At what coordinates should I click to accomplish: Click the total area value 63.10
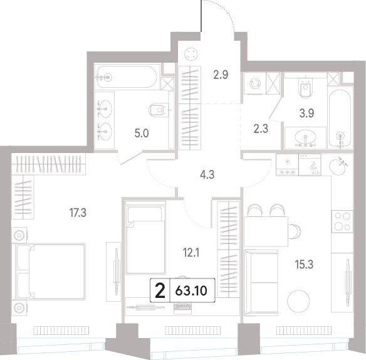[191, 291]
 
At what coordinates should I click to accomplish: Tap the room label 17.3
[78, 213]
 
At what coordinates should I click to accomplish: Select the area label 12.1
[191, 253]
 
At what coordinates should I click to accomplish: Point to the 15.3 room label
[304, 265]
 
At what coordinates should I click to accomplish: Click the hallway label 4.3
[207, 174]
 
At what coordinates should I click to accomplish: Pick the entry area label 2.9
[221, 75]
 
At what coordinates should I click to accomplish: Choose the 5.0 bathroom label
[142, 134]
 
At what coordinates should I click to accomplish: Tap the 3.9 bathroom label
[306, 114]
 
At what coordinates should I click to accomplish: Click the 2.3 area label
[261, 129]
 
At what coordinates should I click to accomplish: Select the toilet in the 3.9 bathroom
[305, 88]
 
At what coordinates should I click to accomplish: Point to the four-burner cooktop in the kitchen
[342, 221]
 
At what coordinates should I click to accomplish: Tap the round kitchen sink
[338, 166]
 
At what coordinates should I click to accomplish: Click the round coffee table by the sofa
[298, 301]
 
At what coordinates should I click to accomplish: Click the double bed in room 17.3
[48, 272]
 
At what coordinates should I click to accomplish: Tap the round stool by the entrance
[191, 54]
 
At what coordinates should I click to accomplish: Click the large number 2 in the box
[160, 290]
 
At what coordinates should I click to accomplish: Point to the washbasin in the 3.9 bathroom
[305, 139]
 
